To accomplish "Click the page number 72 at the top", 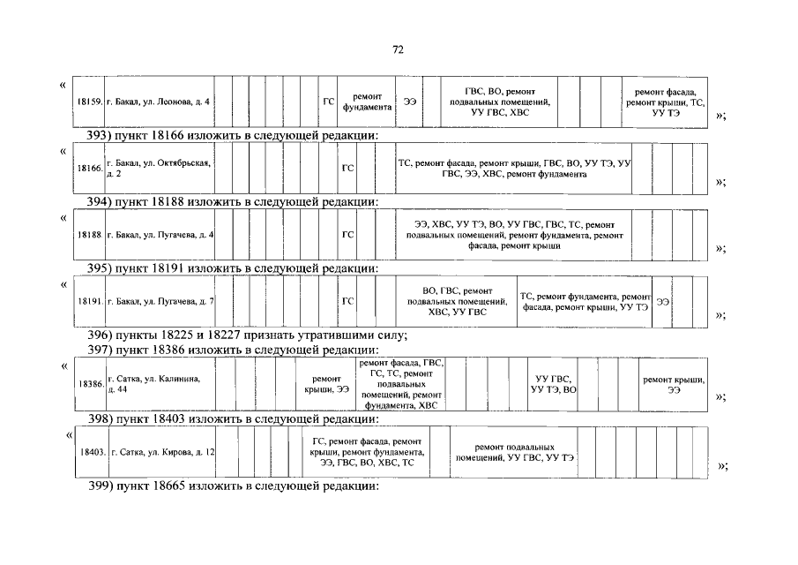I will [x=398, y=50].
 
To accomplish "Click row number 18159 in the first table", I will [x=91, y=102].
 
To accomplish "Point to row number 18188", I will [x=91, y=235].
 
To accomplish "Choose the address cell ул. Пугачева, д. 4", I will [x=159, y=235].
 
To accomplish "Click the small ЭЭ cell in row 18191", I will [x=663, y=302].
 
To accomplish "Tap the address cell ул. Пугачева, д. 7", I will [x=159, y=302].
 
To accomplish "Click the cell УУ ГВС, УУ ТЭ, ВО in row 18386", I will [x=556, y=384].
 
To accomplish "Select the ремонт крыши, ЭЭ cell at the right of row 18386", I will [x=674, y=384].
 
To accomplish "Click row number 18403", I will [x=93, y=452].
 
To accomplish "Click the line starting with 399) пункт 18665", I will [x=234, y=486].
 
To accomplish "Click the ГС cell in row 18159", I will [x=328, y=102].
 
